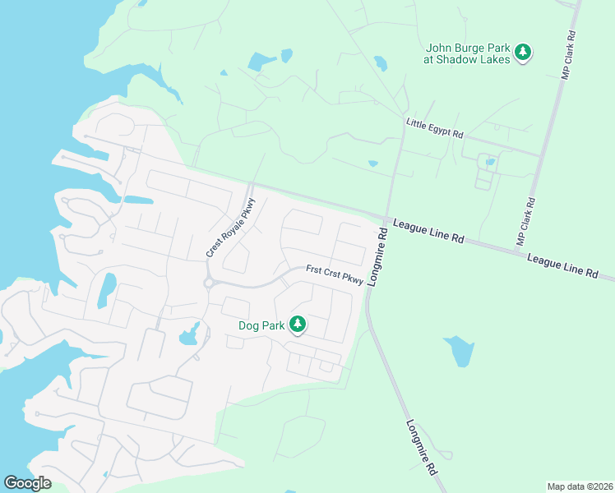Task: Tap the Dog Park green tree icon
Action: [x=297, y=325]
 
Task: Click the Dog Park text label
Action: [x=261, y=325]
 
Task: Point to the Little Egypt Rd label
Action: [x=434, y=128]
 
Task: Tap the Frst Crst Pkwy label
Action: [x=335, y=274]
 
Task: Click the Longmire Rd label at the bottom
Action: [x=420, y=448]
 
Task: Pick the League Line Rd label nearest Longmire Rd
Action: [x=428, y=230]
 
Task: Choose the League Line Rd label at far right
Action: [x=562, y=265]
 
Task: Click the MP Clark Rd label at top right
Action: [x=567, y=55]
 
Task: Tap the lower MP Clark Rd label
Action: [x=525, y=221]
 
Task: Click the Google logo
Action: [x=27, y=483]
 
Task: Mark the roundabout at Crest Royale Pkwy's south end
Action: [x=210, y=283]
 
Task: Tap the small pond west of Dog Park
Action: [x=190, y=334]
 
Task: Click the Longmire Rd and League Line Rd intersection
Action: [x=386, y=218]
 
